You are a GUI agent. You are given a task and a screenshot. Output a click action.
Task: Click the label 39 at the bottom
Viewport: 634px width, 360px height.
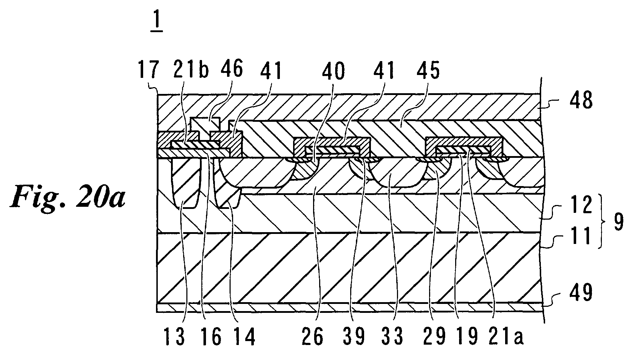[354, 337]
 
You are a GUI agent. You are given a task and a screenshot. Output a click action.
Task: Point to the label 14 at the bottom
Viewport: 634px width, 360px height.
[244, 337]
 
